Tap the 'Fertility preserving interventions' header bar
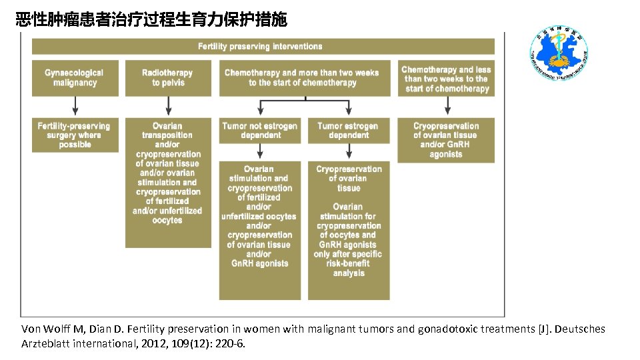pyautogui.click(x=263, y=47)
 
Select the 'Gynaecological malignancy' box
pyautogui.click(x=75, y=78)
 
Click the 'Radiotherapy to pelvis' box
pyautogui.click(x=168, y=78)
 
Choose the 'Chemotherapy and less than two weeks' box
pyautogui.click(x=446, y=78)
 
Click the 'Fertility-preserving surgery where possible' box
pyautogui.click(x=75, y=135)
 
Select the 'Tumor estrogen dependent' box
pyautogui.click(x=349, y=131)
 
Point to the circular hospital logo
pyautogui.click(x=558, y=54)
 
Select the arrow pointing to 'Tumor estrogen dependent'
pyautogui.click(x=348, y=108)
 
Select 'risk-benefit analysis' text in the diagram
pyautogui.click(x=349, y=268)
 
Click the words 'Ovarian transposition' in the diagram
pyautogui.click(x=167, y=130)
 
